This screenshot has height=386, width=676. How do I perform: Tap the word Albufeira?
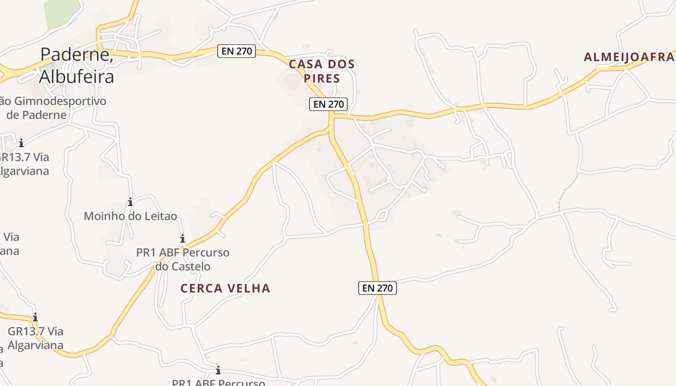pyautogui.click(x=76, y=76)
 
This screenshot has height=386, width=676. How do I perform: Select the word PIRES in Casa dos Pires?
pyautogui.click(x=322, y=78)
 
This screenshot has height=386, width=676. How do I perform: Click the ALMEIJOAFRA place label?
pyautogui.click(x=629, y=57)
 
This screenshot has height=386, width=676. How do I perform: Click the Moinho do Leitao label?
pyautogui.click(x=130, y=216)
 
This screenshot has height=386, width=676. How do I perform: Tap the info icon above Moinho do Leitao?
pyautogui.click(x=130, y=202)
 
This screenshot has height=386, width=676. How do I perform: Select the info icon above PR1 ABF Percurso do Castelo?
pyautogui.click(x=183, y=238)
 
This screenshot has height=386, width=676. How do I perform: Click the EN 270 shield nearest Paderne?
pyautogui.click(x=237, y=51)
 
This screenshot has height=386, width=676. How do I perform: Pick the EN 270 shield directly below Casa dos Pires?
pyautogui.click(x=328, y=104)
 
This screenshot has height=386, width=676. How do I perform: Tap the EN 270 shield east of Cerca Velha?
pyautogui.click(x=378, y=288)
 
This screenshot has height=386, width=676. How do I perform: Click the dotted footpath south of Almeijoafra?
pyautogui.click(x=568, y=189)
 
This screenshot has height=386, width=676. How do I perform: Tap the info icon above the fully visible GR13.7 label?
pyautogui.click(x=35, y=317)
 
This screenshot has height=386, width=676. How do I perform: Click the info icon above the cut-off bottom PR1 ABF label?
pyautogui.click(x=218, y=370)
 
